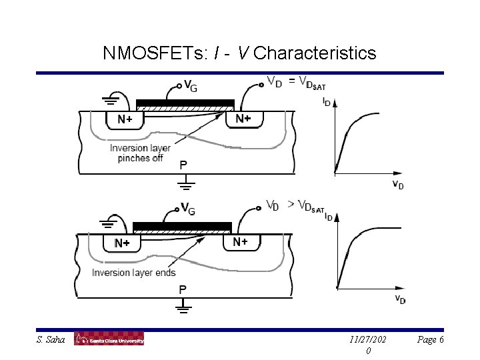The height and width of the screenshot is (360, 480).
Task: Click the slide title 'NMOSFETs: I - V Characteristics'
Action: [x=240, y=53]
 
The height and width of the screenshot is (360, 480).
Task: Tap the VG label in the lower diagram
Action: [x=188, y=209]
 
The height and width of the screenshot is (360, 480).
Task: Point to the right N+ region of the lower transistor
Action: [x=241, y=242]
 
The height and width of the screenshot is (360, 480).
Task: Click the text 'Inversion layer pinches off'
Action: [x=140, y=153]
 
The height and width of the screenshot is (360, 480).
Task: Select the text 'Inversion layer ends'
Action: [x=134, y=273]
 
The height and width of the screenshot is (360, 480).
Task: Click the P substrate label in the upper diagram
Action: [x=183, y=164]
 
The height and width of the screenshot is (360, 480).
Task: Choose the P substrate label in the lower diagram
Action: [x=183, y=289]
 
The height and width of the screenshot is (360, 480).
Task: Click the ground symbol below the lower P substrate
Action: [x=183, y=307]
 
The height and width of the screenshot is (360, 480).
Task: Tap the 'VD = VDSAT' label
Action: [x=296, y=82]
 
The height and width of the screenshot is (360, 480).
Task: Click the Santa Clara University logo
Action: [x=109, y=339]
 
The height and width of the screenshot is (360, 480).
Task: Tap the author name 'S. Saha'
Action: [x=51, y=340]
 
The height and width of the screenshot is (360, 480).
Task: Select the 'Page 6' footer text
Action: [x=430, y=340]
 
